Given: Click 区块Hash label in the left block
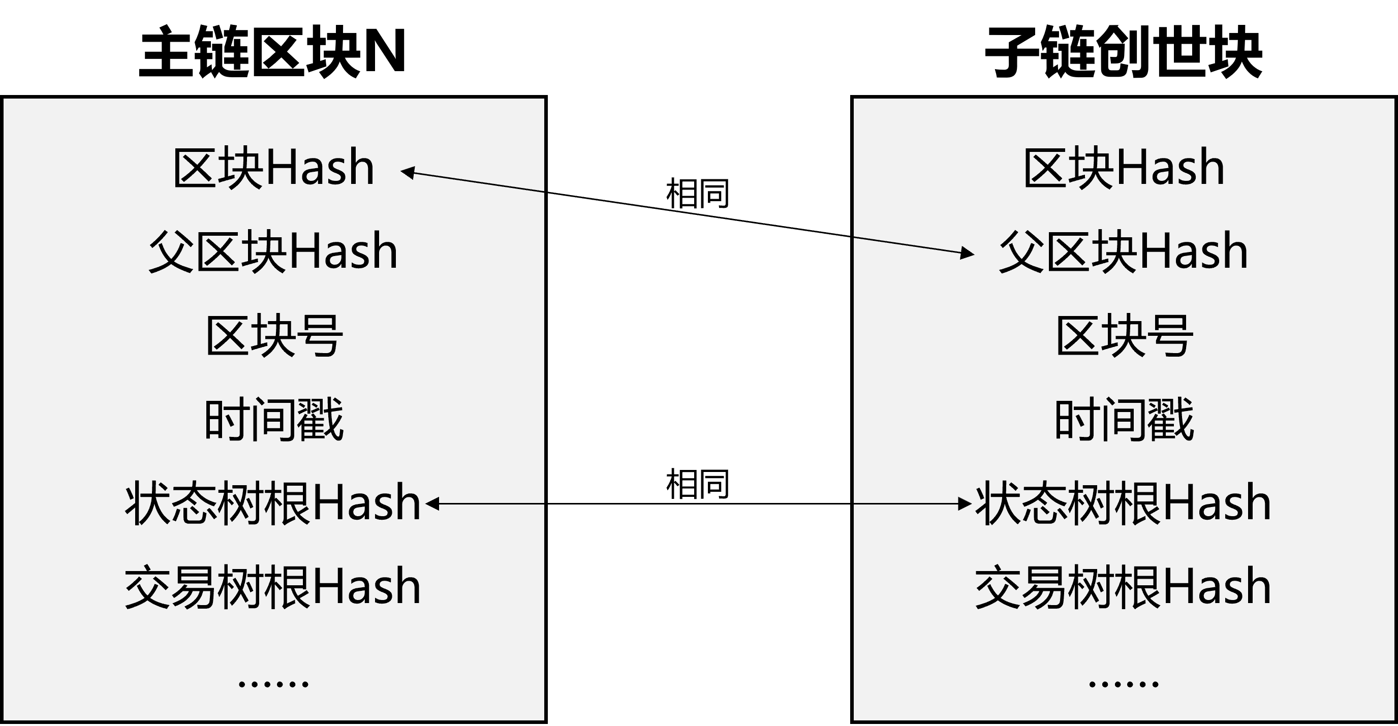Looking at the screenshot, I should coord(273,168).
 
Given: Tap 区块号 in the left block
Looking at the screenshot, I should coord(273,336).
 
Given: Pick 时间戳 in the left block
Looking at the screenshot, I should coord(273,420).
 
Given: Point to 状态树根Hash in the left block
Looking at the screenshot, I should coord(273,503).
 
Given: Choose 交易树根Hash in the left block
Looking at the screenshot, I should coord(273,587).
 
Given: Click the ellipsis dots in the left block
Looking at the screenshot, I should coord(273,684).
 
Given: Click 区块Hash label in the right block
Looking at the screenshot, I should coord(1124,168).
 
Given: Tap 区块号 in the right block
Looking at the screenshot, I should coord(1124,336).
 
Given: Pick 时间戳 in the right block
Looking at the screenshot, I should coord(1124,420).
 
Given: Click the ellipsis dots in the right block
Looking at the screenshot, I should coord(1124,684).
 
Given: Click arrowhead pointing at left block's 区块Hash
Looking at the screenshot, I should coord(407,173).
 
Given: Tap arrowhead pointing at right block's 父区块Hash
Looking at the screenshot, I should coord(968,253).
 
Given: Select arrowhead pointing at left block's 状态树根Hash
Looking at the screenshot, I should coord(432,504).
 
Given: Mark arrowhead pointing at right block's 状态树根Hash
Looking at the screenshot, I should coord(965,504).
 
